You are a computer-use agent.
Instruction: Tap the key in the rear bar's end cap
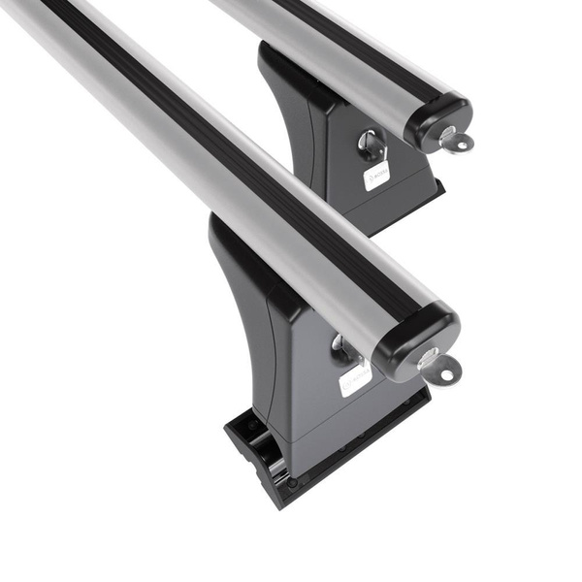[454, 141]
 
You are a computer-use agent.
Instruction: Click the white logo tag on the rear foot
[376, 176]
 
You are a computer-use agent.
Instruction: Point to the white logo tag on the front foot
[354, 377]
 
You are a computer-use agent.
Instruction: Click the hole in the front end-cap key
[447, 372]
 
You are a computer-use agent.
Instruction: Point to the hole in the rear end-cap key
[462, 145]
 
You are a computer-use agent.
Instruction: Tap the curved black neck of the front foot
[238, 272]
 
